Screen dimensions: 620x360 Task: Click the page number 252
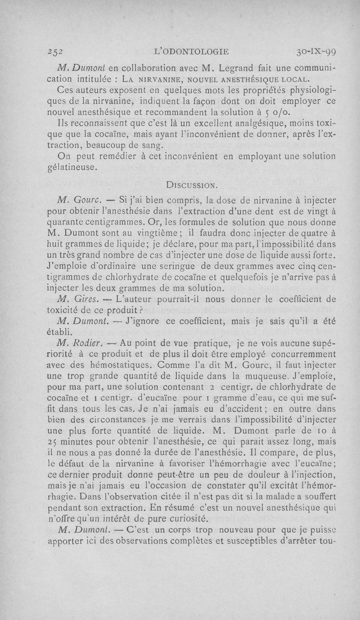point(56,51)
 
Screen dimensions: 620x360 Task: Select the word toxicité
point(64,311)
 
